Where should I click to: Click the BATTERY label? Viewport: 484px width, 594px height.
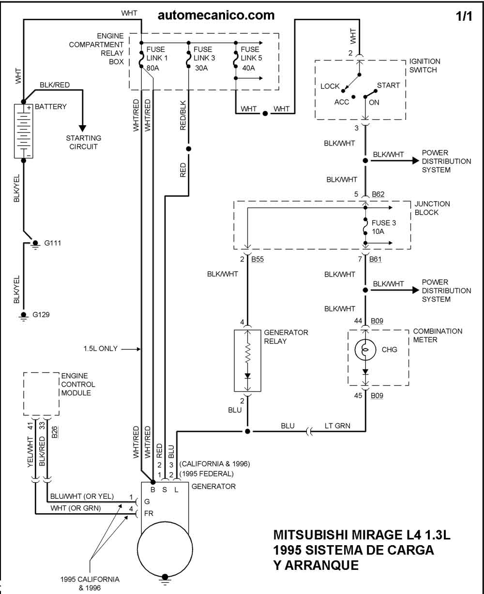[x=50, y=106]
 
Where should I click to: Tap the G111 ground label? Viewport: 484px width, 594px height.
[x=52, y=243]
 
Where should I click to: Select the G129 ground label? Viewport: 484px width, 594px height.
[x=41, y=315]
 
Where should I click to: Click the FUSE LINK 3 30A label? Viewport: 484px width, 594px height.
[x=204, y=58]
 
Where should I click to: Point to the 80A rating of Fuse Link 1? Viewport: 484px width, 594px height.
[x=153, y=68]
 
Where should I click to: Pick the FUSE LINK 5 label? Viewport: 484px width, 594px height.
[x=251, y=54]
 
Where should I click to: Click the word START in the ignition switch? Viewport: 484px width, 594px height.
[x=388, y=86]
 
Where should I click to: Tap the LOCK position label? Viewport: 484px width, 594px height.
[x=330, y=86]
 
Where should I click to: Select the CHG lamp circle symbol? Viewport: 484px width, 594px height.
[x=365, y=350]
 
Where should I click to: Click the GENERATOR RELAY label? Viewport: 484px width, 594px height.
[x=286, y=336]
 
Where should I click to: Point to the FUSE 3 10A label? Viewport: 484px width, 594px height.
[x=384, y=227]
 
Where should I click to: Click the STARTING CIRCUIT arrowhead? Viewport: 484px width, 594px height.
[x=82, y=128]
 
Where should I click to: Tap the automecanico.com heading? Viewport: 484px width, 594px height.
[x=216, y=15]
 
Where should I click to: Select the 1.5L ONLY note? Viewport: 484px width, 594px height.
[x=101, y=348]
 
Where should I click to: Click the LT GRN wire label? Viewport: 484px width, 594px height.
[x=337, y=426]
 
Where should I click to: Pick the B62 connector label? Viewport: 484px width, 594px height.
[x=378, y=194]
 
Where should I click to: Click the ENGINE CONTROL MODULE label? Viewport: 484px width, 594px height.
[x=78, y=384]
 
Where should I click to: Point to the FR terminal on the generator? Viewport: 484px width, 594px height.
[x=149, y=513]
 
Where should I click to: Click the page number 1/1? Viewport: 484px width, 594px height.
[x=464, y=16]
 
